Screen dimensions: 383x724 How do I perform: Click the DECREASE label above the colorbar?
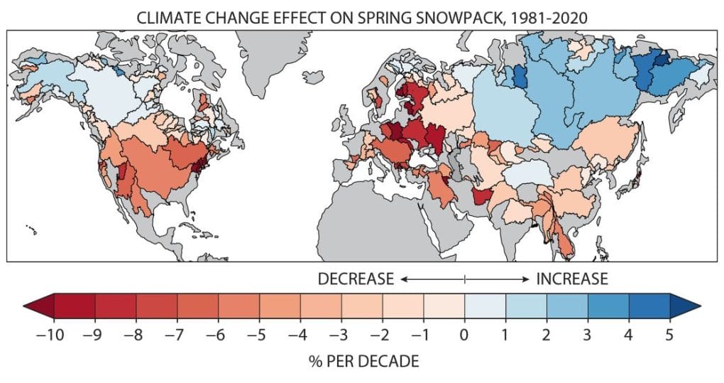click(356, 279)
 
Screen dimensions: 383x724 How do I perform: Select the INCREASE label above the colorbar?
click(571, 279)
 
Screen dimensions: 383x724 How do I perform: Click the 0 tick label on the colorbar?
click(465, 334)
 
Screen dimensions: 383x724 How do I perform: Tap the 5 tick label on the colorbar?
click(670, 334)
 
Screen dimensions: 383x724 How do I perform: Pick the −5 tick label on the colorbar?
click(256, 334)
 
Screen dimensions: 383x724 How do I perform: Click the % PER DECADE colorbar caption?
click(364, 362)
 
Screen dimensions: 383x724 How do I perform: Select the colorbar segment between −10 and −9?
click(74, 306)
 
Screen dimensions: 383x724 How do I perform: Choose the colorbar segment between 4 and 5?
click(649, 306)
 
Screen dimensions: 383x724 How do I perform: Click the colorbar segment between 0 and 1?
click(486, 306)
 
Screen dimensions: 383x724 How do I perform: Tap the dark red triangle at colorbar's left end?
click(39, 306)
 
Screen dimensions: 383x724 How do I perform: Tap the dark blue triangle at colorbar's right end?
click(685, 306)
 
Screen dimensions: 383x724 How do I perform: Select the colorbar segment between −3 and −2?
click(362, 306)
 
